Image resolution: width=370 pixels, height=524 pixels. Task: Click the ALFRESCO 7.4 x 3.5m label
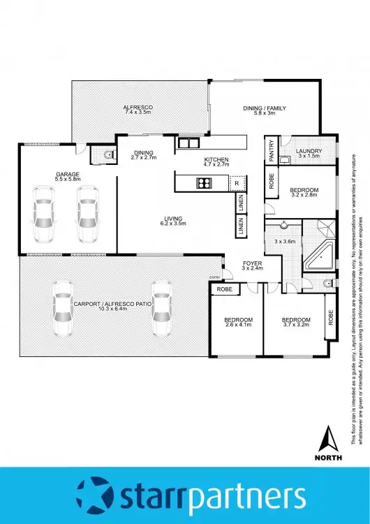(x=138, y=110)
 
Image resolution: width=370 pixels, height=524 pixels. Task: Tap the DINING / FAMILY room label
(x=265, y=110)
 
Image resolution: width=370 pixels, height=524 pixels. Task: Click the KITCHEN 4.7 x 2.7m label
(x=216, y=163)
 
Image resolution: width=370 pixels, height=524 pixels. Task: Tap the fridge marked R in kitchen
(x=237, y=183)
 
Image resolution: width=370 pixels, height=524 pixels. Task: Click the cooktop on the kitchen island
(x=205, y=184)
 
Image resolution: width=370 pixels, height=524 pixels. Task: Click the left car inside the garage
(x=43, y=212)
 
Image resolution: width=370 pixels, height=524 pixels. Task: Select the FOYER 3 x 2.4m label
(x=251, y=265)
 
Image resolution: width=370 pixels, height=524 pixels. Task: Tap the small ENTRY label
(x=214, y=278)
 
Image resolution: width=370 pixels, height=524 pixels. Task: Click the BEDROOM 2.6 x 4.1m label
(x=237, y=323)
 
